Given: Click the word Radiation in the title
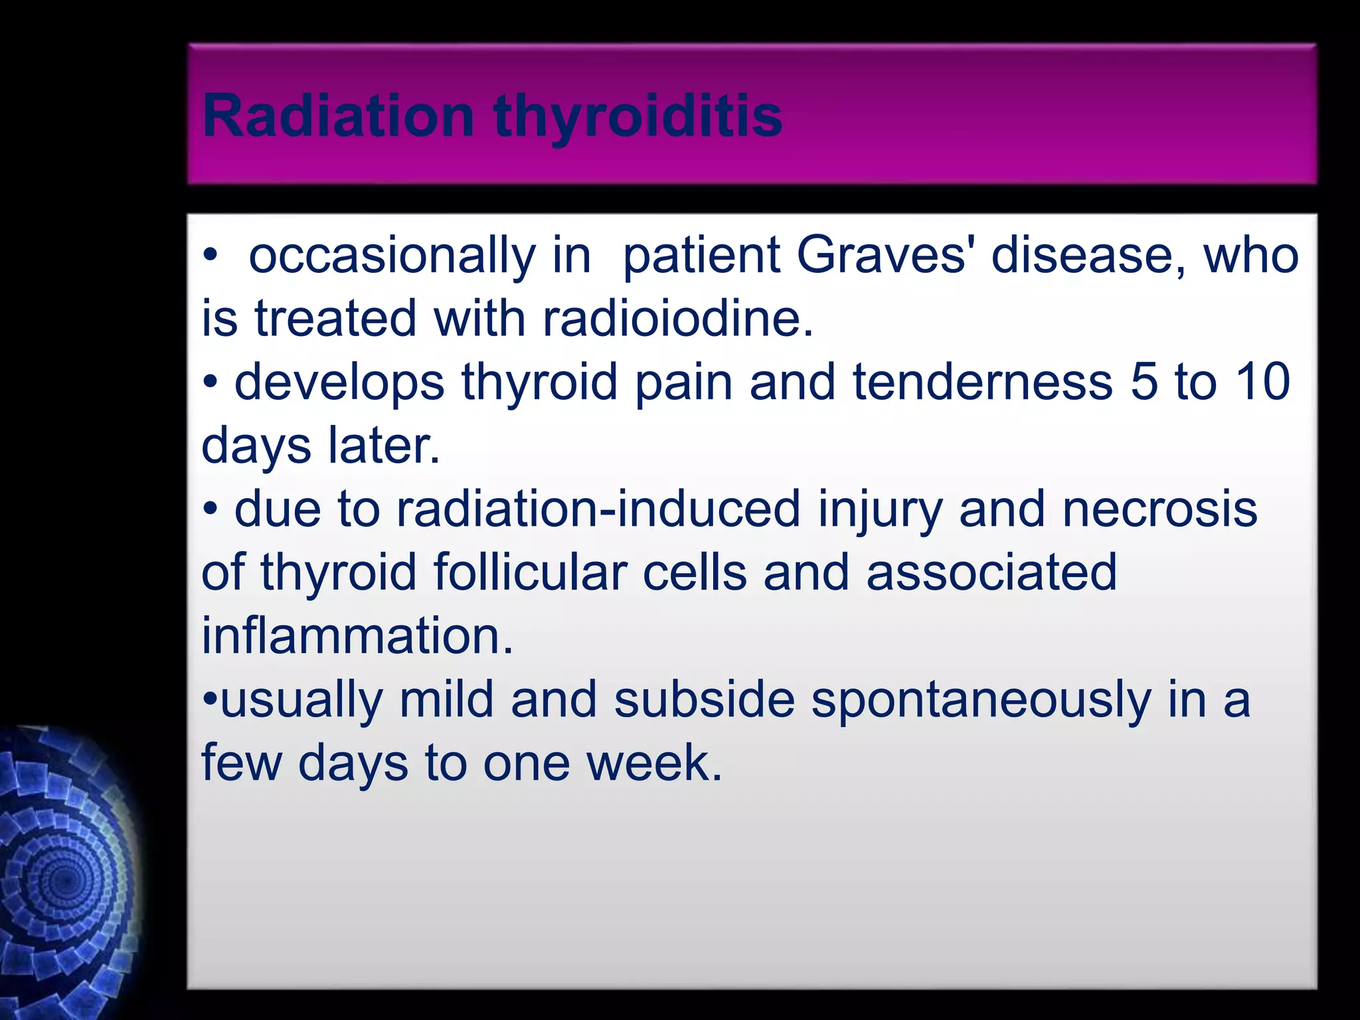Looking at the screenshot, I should coord(338,116).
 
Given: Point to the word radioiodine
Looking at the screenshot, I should coord(677,319).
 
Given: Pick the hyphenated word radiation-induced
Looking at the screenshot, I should coord(598,509).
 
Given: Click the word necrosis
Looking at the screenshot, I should coord(1159,509).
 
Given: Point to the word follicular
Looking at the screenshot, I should coord(530,573).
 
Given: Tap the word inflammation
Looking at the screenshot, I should coord(357,636).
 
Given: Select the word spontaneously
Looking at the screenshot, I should coord(981,701).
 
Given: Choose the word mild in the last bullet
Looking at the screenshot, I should coord(446,700).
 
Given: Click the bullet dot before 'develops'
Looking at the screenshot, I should coord(211,383).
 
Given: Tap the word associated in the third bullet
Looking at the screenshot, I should coord(991,573).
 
